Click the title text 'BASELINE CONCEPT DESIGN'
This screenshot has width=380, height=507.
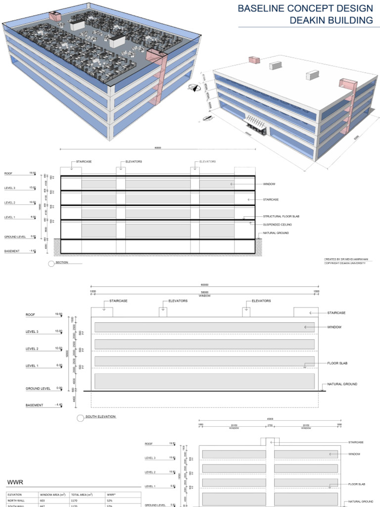tap(305, 8)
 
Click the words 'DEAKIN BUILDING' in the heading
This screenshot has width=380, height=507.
tap(332, 20)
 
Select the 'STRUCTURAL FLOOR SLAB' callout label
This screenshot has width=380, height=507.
tap(281, 216)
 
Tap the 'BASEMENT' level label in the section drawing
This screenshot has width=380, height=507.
tap(12, 251)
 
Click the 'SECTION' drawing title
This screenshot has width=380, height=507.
tap(62, 262)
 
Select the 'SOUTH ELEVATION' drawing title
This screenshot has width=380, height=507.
tap(100, 417)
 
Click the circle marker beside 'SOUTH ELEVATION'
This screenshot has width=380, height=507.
tap(80, 418)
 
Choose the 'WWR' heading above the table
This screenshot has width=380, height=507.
tap(15, 482)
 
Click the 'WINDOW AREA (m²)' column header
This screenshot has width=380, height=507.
tap(52, 494)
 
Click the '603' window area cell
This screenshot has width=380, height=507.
tap(43, 501)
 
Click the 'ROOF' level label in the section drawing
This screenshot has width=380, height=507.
tap(8, 174)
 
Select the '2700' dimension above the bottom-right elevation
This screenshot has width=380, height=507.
tap(270, 425)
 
